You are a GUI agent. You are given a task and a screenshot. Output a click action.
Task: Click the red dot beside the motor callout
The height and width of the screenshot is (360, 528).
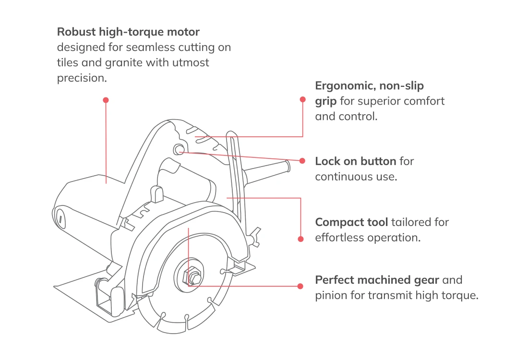(x=106, y=100)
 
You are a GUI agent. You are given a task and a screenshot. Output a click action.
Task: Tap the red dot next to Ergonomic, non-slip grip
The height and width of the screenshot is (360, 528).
(x=302, y=99)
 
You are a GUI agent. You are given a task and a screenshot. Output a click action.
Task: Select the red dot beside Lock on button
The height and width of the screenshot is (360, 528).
(x=302, y=161)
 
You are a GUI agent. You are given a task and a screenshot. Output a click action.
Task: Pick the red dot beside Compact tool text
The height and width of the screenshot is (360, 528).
(x=301, y=239)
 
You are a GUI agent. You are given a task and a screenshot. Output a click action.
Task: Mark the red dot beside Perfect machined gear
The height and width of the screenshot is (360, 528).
(x=300, y=286)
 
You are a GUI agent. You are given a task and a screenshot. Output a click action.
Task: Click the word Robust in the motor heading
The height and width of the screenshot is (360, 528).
(x=76, y=32)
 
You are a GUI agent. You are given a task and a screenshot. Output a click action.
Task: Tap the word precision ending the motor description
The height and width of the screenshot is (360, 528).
(x=82, y=78)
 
